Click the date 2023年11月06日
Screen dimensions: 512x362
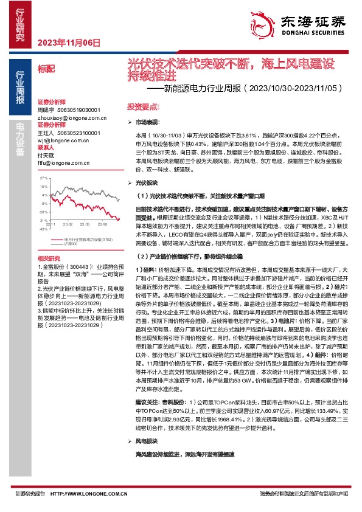point(68,43)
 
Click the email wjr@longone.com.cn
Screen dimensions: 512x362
point(63,140)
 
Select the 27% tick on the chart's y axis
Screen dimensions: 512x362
point(44,178)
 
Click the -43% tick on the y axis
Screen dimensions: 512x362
point(43,229)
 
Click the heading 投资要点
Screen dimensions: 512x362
point(140,106)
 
